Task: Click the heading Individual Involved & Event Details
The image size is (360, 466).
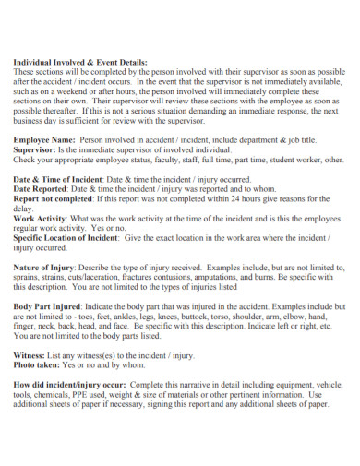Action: click(x=79, y=61)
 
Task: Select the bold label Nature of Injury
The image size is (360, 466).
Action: click(x=44, y=268)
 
